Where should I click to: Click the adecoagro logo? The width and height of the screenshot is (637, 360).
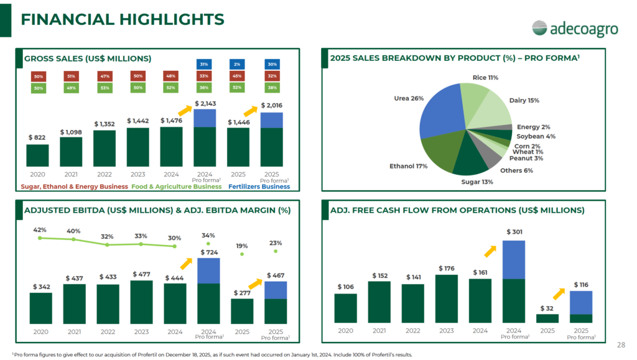point(575,29)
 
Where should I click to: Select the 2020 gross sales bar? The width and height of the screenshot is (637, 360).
point(37,155)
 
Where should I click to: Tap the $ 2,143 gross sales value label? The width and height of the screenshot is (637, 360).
point(205,103)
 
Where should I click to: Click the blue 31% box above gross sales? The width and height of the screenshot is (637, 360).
point(204,64)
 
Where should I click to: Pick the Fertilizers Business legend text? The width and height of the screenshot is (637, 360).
point(259,187)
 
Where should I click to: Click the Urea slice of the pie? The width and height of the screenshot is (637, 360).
point(441,112)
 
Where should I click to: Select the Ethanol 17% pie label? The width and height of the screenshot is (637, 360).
point(408,166)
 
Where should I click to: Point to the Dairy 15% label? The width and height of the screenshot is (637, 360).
point(524,100)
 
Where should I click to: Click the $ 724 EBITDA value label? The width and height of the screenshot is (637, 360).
point(209,252)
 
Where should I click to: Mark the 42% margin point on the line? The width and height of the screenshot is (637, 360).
point(40,238)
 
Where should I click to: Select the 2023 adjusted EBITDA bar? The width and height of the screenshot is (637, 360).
point(141,302)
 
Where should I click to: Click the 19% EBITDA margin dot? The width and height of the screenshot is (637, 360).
point(242,254)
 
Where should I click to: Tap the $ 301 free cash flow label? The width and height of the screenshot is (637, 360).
point(514,232)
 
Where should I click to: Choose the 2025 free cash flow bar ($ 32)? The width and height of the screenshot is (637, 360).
point(547,318)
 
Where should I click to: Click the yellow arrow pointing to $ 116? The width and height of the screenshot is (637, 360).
point(559,294)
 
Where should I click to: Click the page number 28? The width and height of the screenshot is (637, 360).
point(621,345)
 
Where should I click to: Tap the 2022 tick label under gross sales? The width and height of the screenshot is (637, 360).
point(105,175)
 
